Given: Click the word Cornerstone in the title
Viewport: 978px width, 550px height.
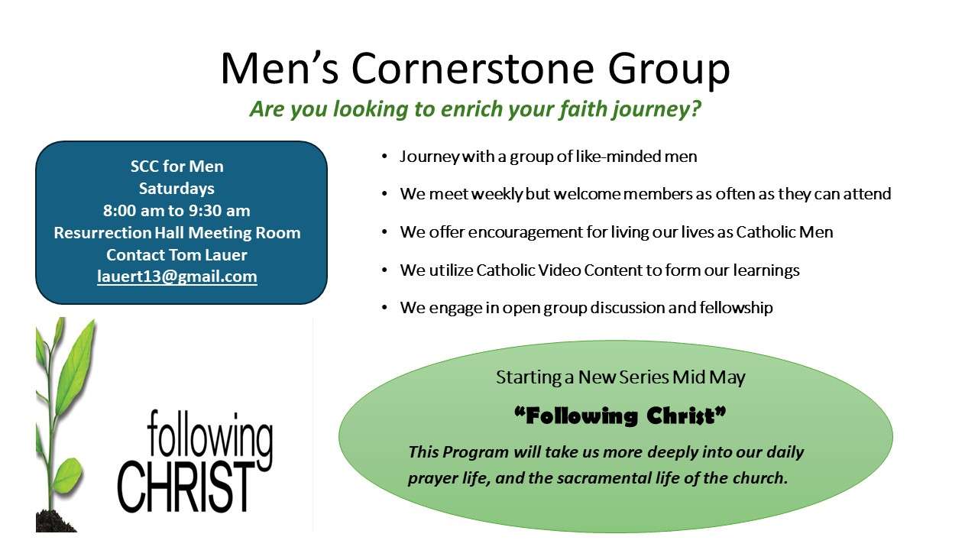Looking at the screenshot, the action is pyautogui.click(x=472, y=69).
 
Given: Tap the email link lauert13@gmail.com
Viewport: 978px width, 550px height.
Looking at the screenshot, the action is pyautogui.click(x=176, y=277).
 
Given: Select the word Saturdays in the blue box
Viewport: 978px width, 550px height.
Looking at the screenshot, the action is pyautogui.click(x=176, y=189).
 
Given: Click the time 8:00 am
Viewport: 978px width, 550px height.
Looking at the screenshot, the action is pyautogui.click(x=133, y=211).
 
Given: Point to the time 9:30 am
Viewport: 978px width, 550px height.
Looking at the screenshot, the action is pyautogui.click(x=219, y=211).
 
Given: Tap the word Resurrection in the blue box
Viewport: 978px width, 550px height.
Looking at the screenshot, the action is pyautogui.click(x=102, y=233).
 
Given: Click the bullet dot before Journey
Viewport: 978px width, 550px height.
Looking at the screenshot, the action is pyautogui.click(x=384, y=157).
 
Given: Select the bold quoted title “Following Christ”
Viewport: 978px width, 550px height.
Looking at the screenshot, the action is pyautogui.click(x=620, y=416).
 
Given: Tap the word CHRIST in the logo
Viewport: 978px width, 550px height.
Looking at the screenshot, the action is pyautogui.click(x=186, y=487).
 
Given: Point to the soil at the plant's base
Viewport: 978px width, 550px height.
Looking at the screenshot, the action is pyautogui.click(x=57, y=521).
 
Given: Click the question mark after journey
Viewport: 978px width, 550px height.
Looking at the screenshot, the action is pyautogui.click(x=695, y=109).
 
